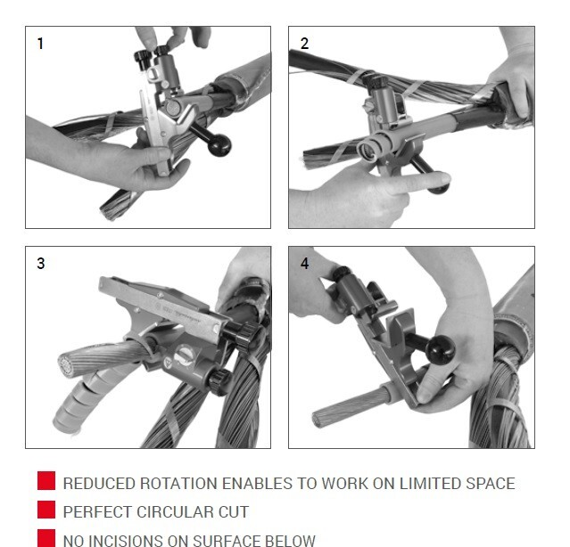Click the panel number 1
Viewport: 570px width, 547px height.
40,44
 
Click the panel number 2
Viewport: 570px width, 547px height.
304,44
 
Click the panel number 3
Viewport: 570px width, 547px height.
41,264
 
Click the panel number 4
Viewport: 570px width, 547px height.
305,264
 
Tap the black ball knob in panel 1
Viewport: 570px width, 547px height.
219,144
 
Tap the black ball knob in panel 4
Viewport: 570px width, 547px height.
441,351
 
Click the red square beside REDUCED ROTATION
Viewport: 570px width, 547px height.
46,480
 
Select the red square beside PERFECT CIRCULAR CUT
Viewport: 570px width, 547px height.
46,510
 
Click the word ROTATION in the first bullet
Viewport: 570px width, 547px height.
179,484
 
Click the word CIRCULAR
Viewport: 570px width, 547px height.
174,511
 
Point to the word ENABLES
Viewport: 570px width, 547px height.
257,484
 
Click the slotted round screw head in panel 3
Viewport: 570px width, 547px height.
183,355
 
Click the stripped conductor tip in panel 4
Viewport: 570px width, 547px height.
317,420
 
